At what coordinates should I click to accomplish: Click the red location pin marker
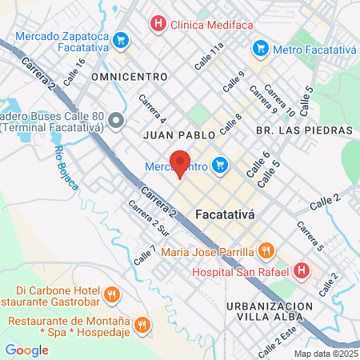point(180,162)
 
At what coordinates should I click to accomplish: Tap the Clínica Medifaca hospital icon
point(159,23)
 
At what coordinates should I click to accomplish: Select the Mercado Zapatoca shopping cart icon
point(121,38)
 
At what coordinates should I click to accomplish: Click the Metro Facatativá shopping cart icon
point(259,49)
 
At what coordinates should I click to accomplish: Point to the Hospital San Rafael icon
point(301,271)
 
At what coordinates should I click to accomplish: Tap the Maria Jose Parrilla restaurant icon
point(267,252)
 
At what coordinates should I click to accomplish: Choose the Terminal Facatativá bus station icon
point(117,121)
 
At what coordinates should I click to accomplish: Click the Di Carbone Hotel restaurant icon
point(111,295)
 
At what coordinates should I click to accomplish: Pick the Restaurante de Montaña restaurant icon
point(142,324)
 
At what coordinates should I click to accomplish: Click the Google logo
point(26,350)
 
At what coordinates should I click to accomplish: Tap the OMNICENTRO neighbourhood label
point(130,77)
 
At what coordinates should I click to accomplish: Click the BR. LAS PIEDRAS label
point(303,130)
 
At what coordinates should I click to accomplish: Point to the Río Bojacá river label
point(66,168)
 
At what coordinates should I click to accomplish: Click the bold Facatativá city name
point(226,214)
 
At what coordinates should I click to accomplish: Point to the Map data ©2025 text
point(326,354)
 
